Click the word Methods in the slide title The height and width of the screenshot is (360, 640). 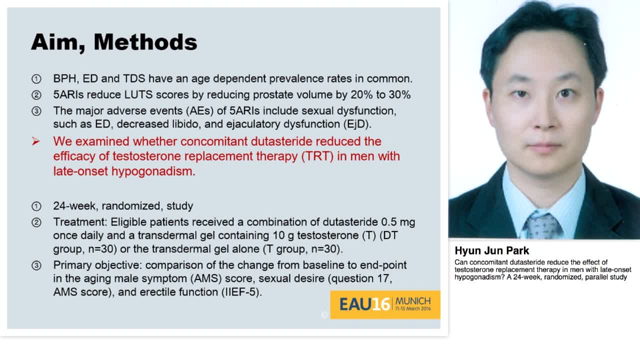(145, 42)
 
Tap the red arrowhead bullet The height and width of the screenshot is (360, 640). (35, 141)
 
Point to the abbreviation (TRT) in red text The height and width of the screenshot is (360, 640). (317, 156)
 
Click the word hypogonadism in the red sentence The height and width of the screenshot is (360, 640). (153, 171)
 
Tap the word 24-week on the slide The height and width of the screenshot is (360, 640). (74, 205)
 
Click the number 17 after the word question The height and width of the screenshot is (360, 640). (384, 278)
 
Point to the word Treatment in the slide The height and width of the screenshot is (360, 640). (80, 222)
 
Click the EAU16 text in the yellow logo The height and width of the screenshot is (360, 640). (364, 304)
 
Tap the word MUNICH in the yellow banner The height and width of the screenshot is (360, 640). (413, 301)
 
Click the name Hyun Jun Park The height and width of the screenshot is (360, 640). (491, 250)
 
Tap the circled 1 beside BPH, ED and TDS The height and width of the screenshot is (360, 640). (36, 79)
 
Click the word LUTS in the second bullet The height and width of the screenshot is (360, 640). (138, 94)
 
